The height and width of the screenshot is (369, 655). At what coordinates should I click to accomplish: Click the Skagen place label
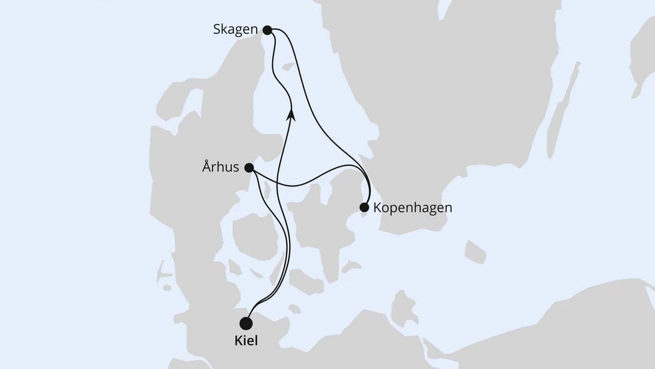coord(235,29)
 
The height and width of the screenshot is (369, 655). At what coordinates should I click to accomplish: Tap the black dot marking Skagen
coord(268,29)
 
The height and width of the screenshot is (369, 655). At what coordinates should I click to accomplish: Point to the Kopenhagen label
coord(412,208)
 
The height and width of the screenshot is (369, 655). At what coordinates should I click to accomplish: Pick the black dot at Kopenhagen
coord(364,208)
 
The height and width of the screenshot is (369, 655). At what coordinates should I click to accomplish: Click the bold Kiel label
coord(245,341)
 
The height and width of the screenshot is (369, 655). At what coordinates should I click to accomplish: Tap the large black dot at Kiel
coord(246,323)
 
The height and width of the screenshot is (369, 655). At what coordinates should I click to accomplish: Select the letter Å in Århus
coord(207,167)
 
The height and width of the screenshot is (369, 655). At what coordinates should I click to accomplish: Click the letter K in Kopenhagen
coord(377,208)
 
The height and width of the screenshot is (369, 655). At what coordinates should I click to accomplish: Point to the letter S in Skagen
coord(217,29)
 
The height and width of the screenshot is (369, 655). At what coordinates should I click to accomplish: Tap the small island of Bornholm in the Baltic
coord(475,251)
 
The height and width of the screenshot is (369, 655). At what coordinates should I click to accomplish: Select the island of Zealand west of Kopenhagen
coord(318,217)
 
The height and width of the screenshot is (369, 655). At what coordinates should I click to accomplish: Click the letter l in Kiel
coord(255,341)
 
